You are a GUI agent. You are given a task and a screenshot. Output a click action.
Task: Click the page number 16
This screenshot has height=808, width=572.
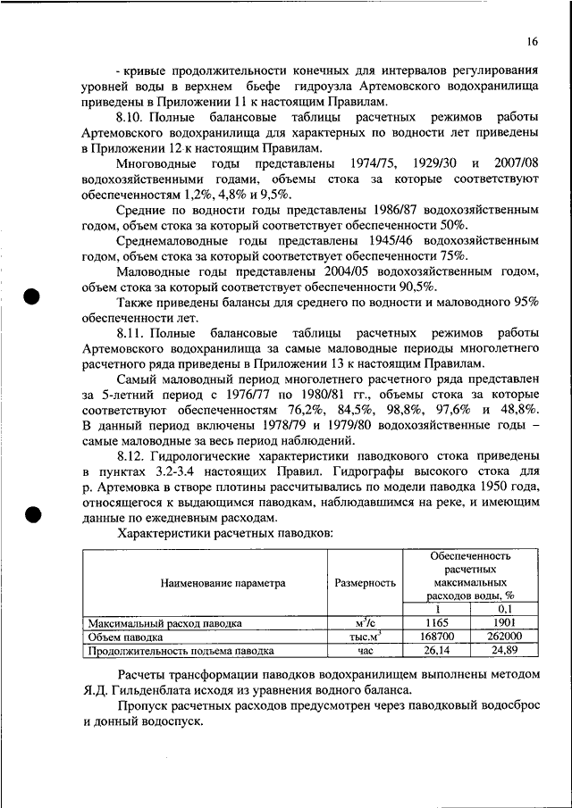[532, 41]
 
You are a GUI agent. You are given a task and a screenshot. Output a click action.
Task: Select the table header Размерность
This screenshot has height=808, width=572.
[365, 583]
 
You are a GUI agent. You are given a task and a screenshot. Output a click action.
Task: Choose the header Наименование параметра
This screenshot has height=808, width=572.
[223, 583]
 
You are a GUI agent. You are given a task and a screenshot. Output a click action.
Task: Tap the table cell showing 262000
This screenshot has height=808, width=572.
[506, 637]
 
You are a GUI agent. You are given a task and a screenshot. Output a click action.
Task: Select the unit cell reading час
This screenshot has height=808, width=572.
[365, 651]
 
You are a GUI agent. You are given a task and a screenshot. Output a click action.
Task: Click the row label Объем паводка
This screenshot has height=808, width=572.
[125, 637]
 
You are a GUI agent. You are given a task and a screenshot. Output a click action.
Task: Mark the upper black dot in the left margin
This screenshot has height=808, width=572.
[33, 296]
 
